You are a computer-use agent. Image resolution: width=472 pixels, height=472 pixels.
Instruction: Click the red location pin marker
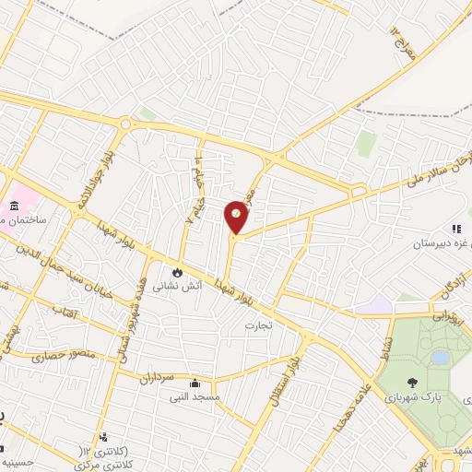click(237, 217)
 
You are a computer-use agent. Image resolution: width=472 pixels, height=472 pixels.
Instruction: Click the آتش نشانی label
click(173, 287)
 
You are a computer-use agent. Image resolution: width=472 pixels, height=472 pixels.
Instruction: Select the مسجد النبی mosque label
click(194, 398)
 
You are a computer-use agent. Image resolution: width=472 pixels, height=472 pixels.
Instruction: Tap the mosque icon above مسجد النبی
click(194, 383)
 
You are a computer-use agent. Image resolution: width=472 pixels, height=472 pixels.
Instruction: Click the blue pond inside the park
click(440, 356)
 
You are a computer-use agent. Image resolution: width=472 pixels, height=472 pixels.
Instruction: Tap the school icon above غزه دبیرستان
click(454, 228)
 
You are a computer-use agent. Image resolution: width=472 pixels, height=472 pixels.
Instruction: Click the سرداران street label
click(156, 377)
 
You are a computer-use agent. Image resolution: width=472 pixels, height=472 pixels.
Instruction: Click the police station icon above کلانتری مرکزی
click(103, 437)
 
